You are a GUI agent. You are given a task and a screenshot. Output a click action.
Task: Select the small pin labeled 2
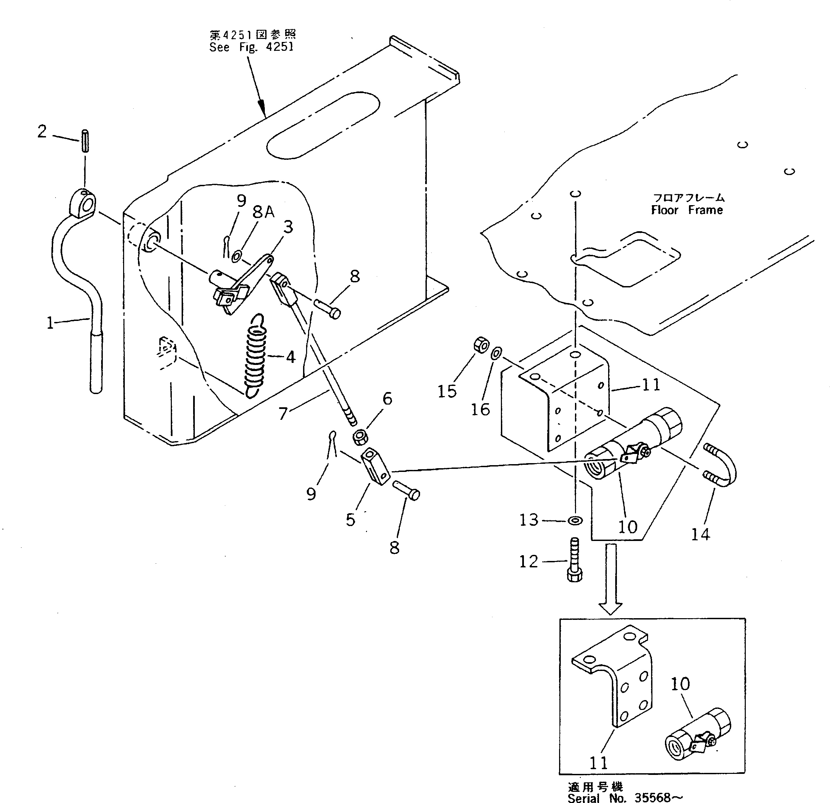click(x=85, y=140)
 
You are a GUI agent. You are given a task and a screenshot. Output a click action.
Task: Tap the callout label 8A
click(x=263, y=212)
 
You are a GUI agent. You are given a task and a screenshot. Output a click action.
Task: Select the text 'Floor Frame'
click(x=687, y=210)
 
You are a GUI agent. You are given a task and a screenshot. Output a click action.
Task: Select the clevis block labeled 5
click(x=376, y=466)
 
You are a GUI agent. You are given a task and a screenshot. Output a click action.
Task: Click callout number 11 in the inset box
click(x=598, y=763)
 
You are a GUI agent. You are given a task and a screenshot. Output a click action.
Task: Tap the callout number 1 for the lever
click(x=50, y=323)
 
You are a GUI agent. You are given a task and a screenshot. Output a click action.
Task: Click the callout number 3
click(x=288, y=227)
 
